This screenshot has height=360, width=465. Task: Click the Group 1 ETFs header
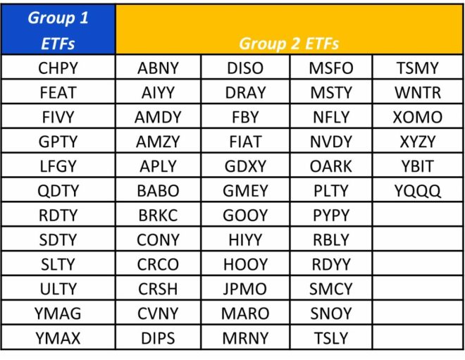pos(58,30)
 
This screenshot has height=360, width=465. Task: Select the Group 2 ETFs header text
pos(289,43)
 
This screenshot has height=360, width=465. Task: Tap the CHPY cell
pos(58,68)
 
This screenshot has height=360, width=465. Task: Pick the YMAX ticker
pos(58,338)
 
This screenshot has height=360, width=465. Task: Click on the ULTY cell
pos(58,289)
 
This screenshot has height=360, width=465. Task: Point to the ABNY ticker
pos(158,68)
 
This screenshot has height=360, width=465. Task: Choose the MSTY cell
pos(330,92)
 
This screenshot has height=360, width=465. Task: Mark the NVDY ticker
pos(330,142)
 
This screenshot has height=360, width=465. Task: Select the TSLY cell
pos(330,338)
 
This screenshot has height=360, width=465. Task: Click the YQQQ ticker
pos(417,191)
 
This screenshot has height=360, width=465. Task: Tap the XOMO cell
pos(417,117)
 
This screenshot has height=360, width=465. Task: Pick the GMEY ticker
pos(245,191)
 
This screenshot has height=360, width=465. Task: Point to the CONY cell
pos(158,240)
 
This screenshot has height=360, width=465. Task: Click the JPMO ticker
pos(245,289)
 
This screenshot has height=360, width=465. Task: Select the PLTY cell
pos(330,191)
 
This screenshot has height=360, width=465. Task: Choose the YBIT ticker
pos(417,166)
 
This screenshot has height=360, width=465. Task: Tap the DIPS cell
pos(158,338)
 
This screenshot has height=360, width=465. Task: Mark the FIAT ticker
pos(245,142)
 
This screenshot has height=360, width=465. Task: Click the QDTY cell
pos(58,191)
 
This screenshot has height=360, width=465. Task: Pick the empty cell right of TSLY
pos(417,338)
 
